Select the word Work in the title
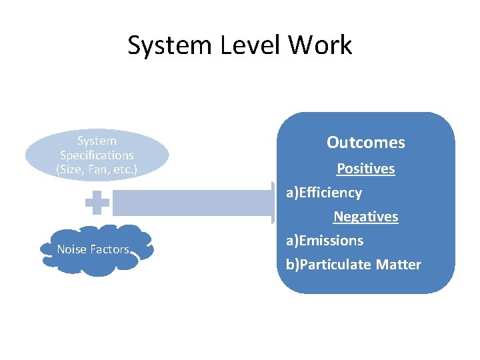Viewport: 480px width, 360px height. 320,45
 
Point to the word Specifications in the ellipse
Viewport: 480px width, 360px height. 97,155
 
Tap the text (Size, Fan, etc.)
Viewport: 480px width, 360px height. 97,169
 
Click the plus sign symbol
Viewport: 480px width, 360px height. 97,204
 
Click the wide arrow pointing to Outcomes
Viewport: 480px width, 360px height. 193,203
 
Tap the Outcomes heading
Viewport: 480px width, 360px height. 365,143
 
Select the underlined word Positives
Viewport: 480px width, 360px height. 365,169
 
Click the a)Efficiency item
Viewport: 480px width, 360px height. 324,193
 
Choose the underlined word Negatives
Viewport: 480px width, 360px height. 365,217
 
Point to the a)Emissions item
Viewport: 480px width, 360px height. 325,241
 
